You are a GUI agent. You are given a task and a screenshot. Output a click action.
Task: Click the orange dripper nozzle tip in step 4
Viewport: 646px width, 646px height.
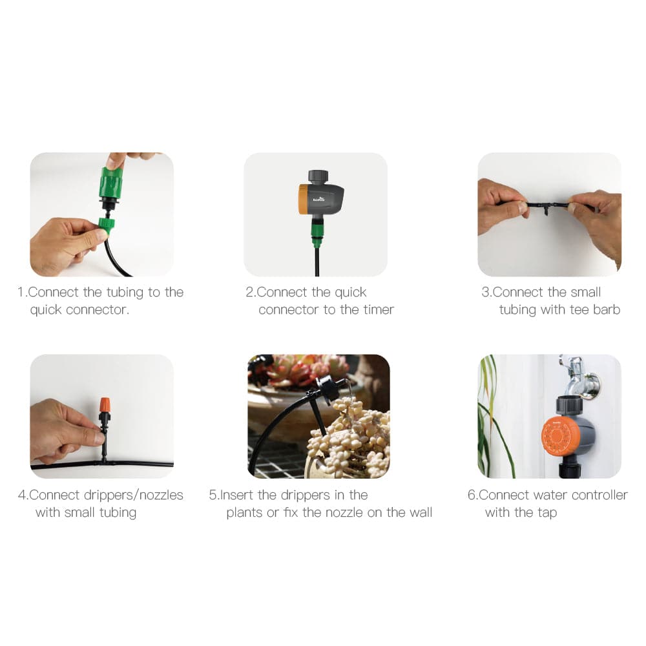(x=105, y=404)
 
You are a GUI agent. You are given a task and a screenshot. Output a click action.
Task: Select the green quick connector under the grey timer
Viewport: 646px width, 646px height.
(x=317, y=234)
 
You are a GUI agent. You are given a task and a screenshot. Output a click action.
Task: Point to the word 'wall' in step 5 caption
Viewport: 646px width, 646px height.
(x=421, y=512)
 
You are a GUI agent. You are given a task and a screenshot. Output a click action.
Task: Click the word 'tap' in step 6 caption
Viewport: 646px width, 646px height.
(x=547, y=513)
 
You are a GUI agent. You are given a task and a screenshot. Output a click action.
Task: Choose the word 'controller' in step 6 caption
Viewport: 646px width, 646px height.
(x=599, y=495)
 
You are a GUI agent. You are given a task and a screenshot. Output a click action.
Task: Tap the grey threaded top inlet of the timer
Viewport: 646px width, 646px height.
(x=318, y=177)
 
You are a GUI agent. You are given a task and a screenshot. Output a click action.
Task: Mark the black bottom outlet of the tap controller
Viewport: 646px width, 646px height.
(x=570, y=468)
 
